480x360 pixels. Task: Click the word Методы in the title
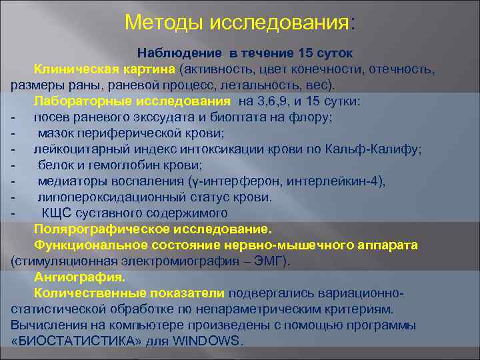(164, 23)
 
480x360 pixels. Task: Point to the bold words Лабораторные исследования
(132, 101)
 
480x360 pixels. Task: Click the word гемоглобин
(111, 165)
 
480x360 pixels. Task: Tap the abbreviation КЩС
(56, 213)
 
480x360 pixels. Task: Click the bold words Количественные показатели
(130, 293)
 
